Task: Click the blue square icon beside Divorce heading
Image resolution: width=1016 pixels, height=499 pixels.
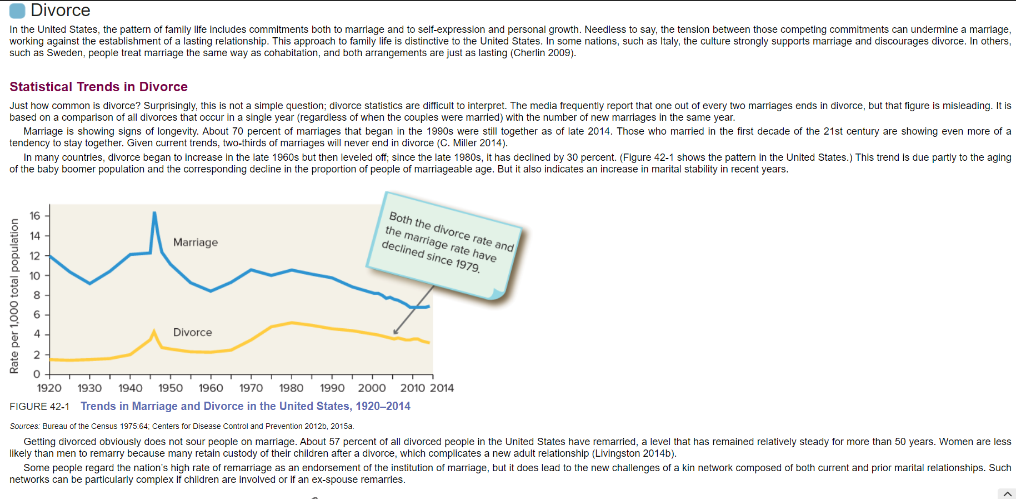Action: pyautogui.click(x=17, y=11)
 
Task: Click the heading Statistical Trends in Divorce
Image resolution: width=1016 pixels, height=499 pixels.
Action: pyautogui.click(x=98, y=87)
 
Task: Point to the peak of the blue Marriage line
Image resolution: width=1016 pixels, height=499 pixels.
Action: pyautogui.click(x=154, y=213)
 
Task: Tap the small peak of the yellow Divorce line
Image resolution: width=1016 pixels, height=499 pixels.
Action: pyautogui.click(x=154, y=331)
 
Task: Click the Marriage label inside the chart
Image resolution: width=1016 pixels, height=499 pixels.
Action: pyautogui.click(x=195, y=243)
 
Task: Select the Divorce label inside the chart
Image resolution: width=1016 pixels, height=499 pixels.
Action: pyautogui.click(x=192, y=333)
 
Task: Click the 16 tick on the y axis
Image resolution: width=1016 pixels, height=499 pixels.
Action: pyautogui.click(x=35, y=216)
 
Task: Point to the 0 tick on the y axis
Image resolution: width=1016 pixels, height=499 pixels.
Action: pyautogui.click(x=37, y=374)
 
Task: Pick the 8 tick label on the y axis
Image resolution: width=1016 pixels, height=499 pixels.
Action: pyautogui.click(x=37, y=295)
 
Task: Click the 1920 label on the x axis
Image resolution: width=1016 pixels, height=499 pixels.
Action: pyautogui.click(x=49, y=388)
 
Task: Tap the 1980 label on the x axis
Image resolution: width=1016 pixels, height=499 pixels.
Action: pyautogui.click(x=291, y=388)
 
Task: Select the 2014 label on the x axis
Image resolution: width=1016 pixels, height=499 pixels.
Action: pyautogui.click(x=442, y=388)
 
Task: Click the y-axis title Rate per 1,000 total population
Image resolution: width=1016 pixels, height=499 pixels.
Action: pyautogui.click(x=14, y=296)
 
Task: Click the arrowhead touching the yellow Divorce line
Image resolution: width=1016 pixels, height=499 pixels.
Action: pyautogui.click(x=396, y=332)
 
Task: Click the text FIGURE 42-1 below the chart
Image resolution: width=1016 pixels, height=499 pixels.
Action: pyautogui.click(x=39, y=407)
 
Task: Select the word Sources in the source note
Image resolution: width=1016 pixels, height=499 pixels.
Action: pyautogui.click(x=24, y=427)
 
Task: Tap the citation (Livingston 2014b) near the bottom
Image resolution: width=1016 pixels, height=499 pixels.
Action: pyautogui.click(x=634, y=454)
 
